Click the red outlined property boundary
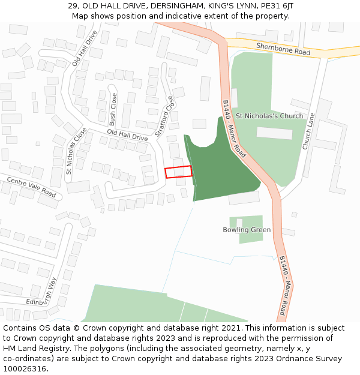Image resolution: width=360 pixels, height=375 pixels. tap(178, 172)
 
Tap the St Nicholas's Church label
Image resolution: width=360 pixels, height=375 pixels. tap(269, 116)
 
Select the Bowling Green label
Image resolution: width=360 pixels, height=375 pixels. tap(247, 230)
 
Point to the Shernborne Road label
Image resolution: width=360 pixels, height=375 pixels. tap(283, 49)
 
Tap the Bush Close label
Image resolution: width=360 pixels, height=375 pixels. tap(113, 108)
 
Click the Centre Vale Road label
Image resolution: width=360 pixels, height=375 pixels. tap(31, 187)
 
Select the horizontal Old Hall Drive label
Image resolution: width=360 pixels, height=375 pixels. tap(127, 135)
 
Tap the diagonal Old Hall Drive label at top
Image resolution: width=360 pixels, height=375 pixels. tap(84, 48)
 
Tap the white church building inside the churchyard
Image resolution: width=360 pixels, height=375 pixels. tap(274, 133)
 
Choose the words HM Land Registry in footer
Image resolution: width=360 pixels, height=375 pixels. tap(31, 348)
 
